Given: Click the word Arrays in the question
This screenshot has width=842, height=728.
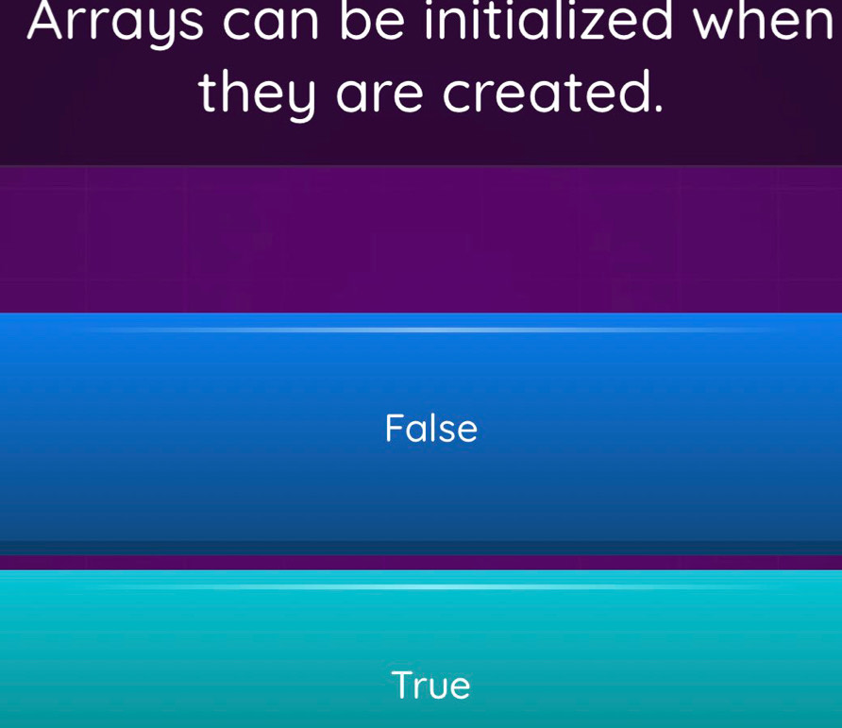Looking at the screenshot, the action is coord(115,23).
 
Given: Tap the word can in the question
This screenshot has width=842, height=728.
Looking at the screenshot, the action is coord(272,23).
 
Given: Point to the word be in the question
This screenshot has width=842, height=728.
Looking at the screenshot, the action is coord(372,21).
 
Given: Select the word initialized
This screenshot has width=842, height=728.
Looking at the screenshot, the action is coord(547,21).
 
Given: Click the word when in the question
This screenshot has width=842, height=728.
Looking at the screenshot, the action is coord(766,21).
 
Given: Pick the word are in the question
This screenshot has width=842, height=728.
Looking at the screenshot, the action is coord(379,96).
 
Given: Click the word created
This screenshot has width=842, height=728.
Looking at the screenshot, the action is coord(543,92).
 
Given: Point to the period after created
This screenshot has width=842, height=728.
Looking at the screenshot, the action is coord(657,108).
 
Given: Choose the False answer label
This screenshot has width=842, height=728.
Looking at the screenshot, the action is coord(431,428).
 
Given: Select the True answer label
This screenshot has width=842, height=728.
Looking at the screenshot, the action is coord(430,685).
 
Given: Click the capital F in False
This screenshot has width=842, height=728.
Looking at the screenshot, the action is coord(395,428).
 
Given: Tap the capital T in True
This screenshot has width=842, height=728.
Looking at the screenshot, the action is coord(404,685).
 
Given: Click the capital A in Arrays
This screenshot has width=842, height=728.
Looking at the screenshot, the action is coord(50,21).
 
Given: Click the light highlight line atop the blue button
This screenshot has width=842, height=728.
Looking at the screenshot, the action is coord(429,330).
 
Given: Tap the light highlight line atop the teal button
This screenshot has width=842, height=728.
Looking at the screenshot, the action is coord(429,586).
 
